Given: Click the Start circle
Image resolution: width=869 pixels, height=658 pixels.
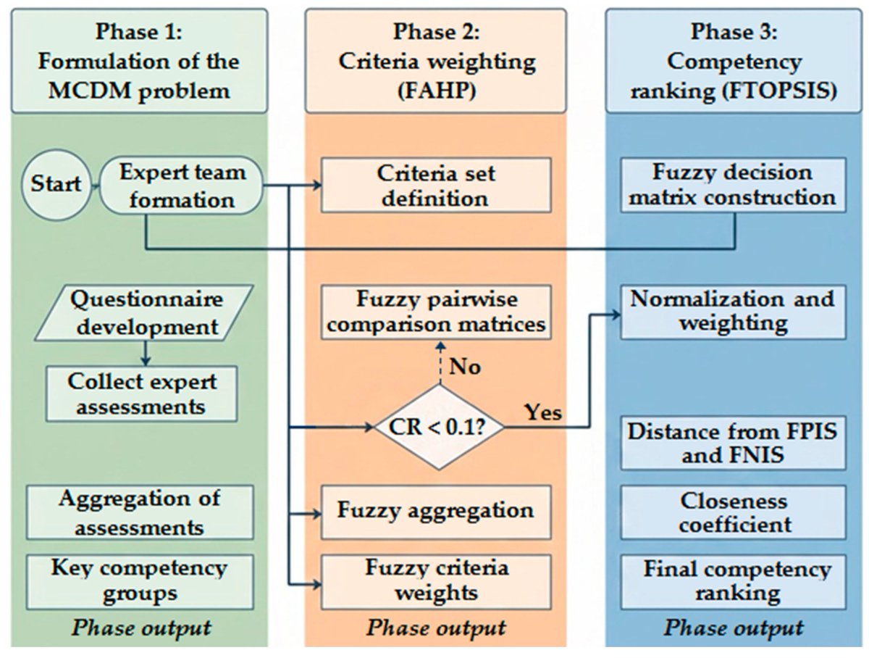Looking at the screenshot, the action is (x=56, y=185).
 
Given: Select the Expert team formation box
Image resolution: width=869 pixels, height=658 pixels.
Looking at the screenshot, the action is (x=181, y=186).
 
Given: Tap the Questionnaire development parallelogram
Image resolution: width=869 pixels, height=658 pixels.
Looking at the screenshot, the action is (x=144, y=312).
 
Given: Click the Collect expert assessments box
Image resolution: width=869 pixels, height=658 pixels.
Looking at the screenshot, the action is (x=142, y=393).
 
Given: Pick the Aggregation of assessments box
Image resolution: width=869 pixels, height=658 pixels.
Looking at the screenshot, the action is (x=140, y=512).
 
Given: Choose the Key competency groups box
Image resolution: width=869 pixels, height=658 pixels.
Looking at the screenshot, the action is (x=140, y=581).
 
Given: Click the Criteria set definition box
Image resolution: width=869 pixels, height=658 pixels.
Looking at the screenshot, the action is (x=436, y=185).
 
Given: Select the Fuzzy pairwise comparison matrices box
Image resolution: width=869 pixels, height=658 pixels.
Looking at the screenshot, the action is (x=436, y=312).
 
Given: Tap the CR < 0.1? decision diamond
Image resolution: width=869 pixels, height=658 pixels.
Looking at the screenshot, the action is (x=439, y=427).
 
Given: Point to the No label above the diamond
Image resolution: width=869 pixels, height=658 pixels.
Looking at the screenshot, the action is (x=465, y=367).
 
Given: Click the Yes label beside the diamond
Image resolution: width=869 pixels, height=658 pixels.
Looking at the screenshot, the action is (x=543, y=412).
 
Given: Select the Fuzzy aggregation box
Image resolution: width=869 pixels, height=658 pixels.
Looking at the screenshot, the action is (x=436, y=512).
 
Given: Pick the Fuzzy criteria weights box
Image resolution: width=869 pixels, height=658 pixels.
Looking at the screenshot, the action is (x=436, y=581).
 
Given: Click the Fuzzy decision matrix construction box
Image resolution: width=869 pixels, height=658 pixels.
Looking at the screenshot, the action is (x=733, y=185).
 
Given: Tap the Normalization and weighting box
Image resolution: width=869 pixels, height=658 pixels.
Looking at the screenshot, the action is (x=733, y=312).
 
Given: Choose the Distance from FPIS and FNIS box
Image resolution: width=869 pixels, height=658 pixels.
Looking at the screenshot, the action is (x=733, y=443).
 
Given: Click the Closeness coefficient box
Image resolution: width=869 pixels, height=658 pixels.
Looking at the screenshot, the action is (x=733, y=512).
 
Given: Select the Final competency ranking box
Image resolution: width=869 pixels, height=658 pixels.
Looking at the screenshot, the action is (x=733, y=581).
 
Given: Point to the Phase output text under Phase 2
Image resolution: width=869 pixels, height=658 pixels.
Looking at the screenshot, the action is (x=436, y=628).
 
